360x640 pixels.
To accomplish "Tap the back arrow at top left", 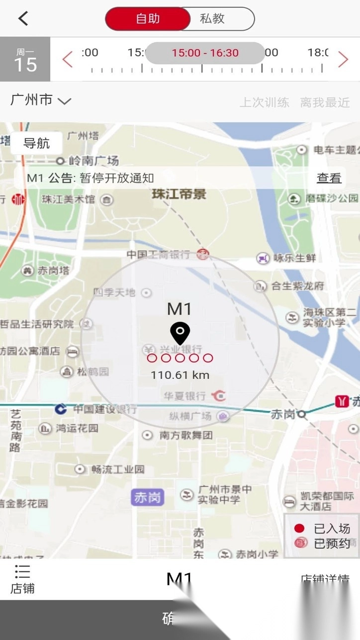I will point(23,18).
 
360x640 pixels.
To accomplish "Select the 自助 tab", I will point(148,19).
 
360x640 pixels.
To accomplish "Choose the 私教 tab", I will point(212,19).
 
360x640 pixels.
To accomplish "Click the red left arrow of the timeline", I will point(68,60).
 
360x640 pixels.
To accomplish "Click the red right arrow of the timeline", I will point(343,60).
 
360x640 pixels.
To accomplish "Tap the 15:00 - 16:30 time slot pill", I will point(205,53).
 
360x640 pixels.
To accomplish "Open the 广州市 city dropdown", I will point(41,100).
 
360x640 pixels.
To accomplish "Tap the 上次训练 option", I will point(265,103).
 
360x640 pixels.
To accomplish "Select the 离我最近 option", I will point(325,103).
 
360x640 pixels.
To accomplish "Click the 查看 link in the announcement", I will point(329,178).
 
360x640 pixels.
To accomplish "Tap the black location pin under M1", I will point(180,332).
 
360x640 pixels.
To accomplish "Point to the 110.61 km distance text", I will point(180,375).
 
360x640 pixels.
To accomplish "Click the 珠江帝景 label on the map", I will point(179,194).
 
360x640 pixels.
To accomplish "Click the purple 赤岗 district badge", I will point(147,498).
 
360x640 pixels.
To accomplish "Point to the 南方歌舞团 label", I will point(185,435).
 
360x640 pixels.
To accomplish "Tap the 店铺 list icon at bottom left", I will point(22,579).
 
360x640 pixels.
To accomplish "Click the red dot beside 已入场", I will point(299,528).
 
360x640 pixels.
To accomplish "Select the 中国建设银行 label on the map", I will point(104,409).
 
